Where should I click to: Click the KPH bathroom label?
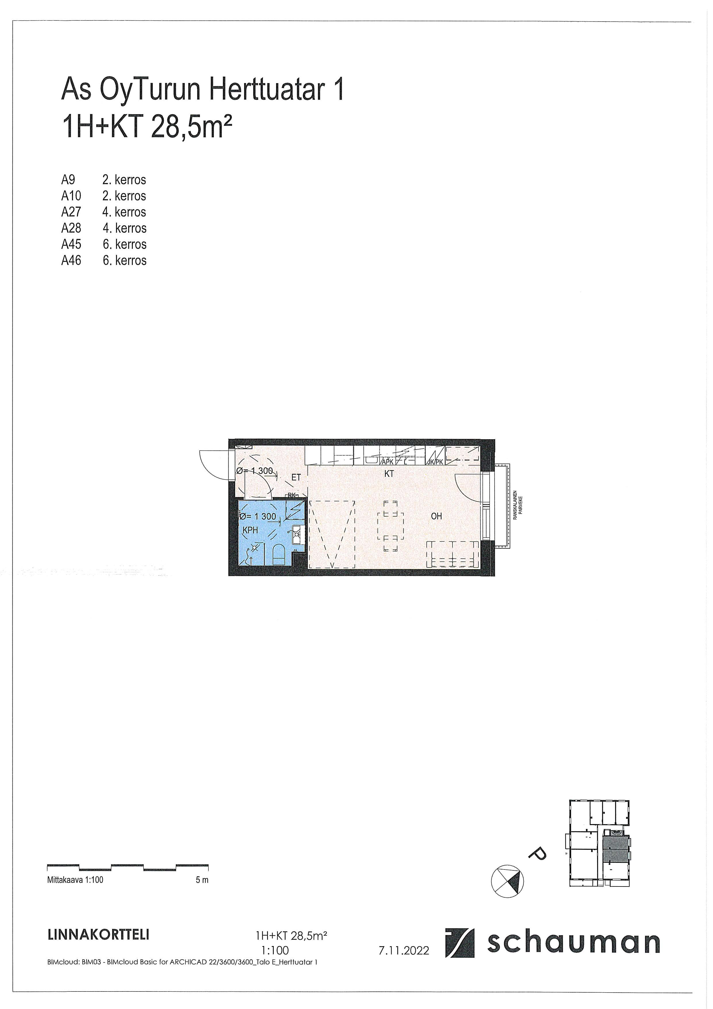[x=250, y=530]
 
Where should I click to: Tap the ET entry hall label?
[x=296, y=477]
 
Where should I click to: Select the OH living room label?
[x=436, y=516]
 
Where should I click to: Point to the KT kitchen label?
[x=389, y=474]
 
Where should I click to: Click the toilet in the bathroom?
[x=279, y=554]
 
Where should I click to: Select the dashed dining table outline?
[x=390, y=526]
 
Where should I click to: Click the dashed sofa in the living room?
[x=453, y=555]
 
